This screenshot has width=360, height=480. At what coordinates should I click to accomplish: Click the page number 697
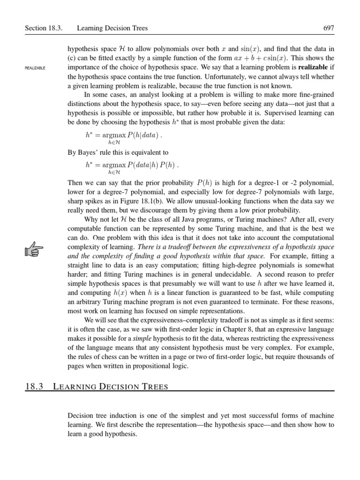tap(329, 28)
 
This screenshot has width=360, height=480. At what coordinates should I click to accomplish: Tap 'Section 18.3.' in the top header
tap(44, 28)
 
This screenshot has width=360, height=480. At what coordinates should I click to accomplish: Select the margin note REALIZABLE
tap(35, 68)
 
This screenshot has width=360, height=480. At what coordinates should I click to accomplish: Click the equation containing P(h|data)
tap(123, 137)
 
